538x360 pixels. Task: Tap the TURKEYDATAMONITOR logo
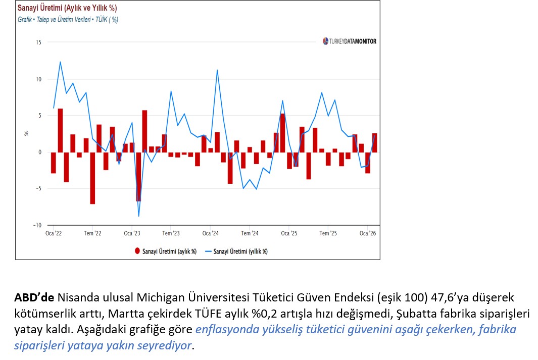pyautogui.click(x=350, y=41)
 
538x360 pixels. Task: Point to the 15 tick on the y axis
pyautogui.click(x=38, y=42)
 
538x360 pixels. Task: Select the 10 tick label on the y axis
pyautogui.click(x=38, y=79)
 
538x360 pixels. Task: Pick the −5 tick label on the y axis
pyautogui.click(x=37, y=189)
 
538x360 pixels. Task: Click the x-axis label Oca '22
pyautogui.click(x=54, y=233)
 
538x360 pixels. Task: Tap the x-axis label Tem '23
pyautogui.click(x=171, y=233)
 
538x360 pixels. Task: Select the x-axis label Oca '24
pyautogui.click(x=210, y=233)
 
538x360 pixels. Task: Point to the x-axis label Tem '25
pyautogui.click(x=328, y=233)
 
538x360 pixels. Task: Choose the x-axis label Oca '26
pyautogui.click(x=367, y=233)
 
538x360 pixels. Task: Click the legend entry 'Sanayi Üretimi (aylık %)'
pyautogui.click(x=166, y=251)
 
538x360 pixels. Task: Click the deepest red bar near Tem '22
pyautogui.click(x=92, y=178)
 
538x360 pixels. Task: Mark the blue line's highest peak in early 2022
pyautogui.click(x=60, y=62)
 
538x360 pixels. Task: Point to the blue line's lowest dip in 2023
pyautogui.click(x=138, y=216)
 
